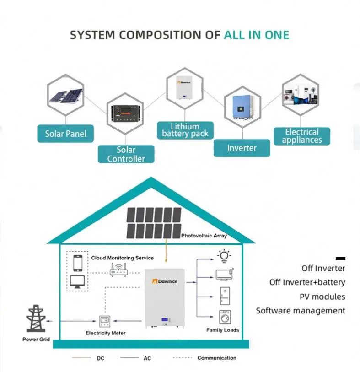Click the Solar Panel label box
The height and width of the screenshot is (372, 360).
pos(65,134)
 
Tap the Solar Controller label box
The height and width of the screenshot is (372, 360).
pos(126,154)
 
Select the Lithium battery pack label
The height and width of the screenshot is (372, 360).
pos(185,130)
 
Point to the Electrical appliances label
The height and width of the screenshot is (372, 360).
pos(301,136)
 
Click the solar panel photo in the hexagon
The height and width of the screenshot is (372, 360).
pos(66,96)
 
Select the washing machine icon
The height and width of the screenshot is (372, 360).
pos(225,317)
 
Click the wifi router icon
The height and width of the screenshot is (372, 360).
pos(118,271)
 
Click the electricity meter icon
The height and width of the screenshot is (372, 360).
pos(106,321)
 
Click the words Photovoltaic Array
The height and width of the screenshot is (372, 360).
pos(204,236)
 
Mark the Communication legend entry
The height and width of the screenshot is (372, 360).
pos(216,358)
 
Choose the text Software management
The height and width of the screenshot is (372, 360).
pos(301,311)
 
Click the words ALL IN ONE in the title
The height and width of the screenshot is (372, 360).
pos(256,35)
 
